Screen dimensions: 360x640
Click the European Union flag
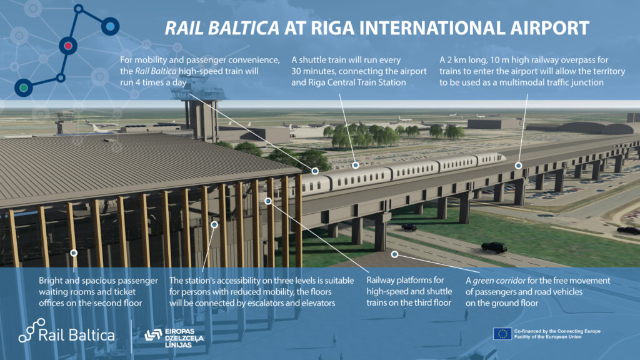[x=502, y=333]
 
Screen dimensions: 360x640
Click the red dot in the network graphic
[x=69, y=45]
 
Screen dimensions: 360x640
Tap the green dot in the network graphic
[x=24, y=87]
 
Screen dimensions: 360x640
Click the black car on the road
[x=494, y=247]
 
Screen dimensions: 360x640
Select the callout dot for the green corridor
[x=395, y=254]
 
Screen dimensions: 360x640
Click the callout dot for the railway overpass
[x=518, y=165]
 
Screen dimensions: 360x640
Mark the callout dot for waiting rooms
[x=74, y=252]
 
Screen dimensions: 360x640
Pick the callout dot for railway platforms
[x=268, y=201]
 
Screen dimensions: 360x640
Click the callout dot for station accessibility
[x=214, y=224]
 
